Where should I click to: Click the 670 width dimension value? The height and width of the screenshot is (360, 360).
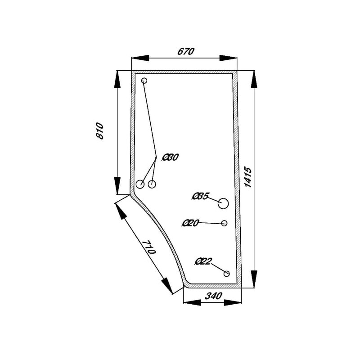[186, 51]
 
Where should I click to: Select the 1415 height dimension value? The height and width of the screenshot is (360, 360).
[248, 177]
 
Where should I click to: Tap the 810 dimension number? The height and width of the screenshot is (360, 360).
[100, 131]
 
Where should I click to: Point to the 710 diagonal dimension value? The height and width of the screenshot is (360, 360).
[149, 247]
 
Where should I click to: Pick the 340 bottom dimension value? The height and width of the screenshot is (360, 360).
[213, 296]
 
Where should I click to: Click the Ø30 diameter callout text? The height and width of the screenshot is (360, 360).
[170, 157]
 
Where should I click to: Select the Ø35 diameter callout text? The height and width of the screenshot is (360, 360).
[200, 197]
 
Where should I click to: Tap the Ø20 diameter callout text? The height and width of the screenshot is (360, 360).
[190, 223]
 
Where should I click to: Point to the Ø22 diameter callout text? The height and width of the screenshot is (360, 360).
[203, 261]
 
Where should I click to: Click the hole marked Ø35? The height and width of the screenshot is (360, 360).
[223, 204]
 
